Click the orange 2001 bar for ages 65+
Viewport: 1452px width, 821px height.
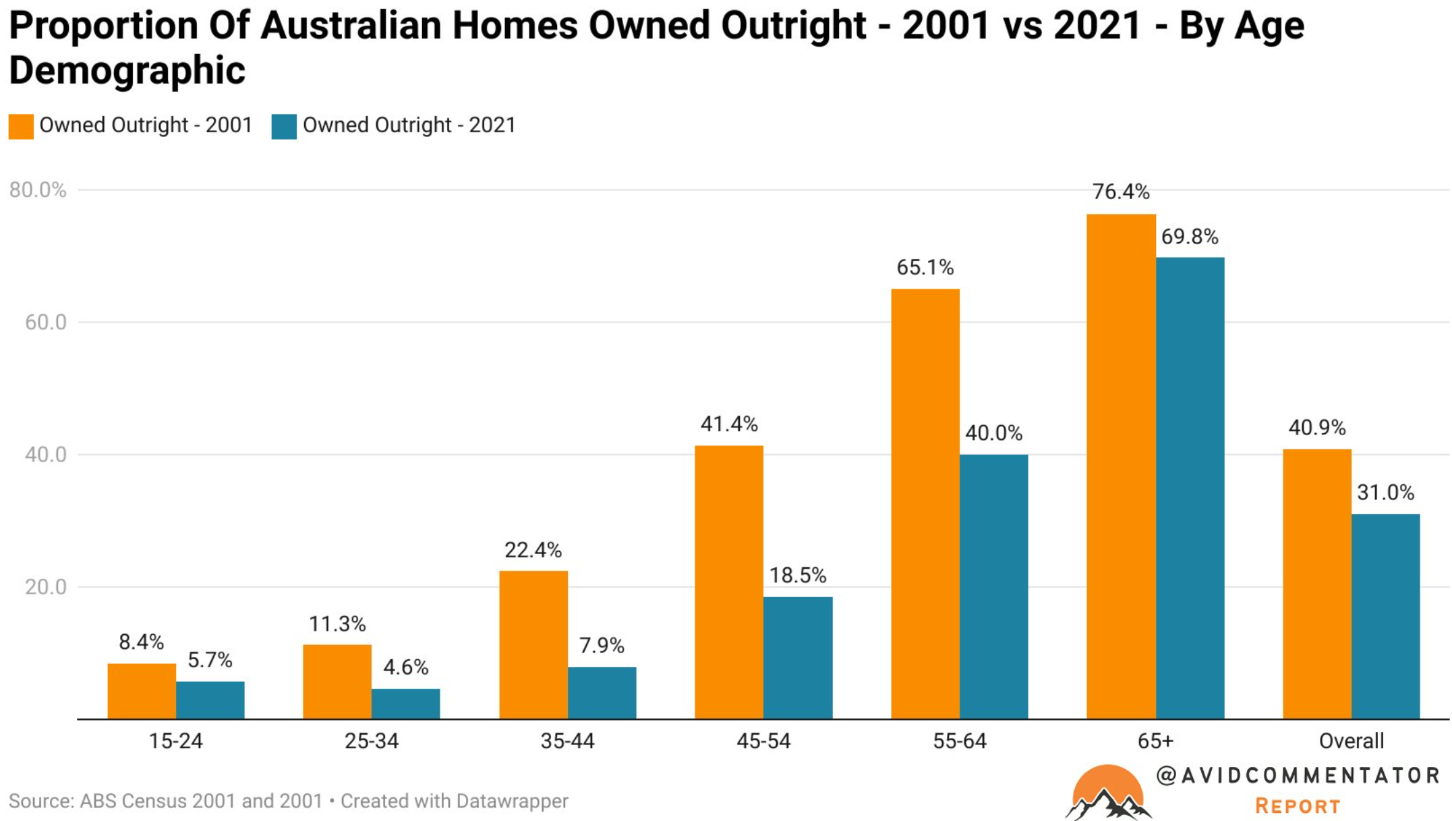point(1120,466)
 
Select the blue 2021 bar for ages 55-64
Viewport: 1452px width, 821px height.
point(993,586)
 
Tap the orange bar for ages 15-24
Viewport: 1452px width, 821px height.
point(142,691)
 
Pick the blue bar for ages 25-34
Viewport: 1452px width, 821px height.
point(405,704)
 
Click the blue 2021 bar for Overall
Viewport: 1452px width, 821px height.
point(1385,617)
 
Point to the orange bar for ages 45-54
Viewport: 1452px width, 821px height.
point(729,582)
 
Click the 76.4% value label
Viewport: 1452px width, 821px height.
point(1121,192)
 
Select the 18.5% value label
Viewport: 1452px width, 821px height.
point(798,575)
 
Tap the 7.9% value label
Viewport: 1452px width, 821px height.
point(602,646)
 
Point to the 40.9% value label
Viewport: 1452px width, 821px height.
point(1317,427)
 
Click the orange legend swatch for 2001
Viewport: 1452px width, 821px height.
point(21,126)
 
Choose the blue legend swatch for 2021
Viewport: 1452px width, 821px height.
point(284,126)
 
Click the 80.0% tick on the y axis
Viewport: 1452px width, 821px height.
point(38,190)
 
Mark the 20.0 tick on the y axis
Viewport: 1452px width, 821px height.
point(46,587)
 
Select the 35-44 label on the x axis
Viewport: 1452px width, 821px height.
point(567,741)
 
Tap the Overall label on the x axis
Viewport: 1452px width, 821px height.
point(1352,741)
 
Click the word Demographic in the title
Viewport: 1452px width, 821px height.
point(127,70)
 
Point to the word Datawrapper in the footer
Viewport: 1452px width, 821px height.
point(511,801)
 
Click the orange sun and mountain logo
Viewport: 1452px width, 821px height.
point(1107,792)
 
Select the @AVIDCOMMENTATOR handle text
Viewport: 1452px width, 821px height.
point(1298,776)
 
